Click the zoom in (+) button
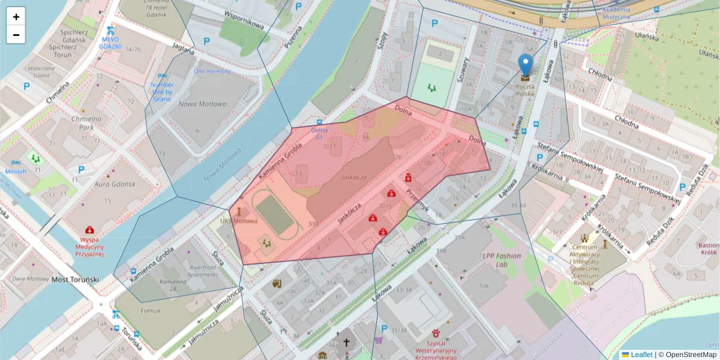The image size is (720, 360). [x=16, y=17]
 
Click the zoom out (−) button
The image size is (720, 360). [x=16, y=35]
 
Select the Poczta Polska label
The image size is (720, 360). [x=525, y=90]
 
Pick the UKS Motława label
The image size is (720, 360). [x=238, y=221]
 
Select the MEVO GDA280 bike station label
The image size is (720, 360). [x=110, y=41]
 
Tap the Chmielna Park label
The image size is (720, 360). [x=82, y=123]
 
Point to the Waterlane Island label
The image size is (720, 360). [x=40, y=72]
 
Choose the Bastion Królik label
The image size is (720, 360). [x=708, y=249]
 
